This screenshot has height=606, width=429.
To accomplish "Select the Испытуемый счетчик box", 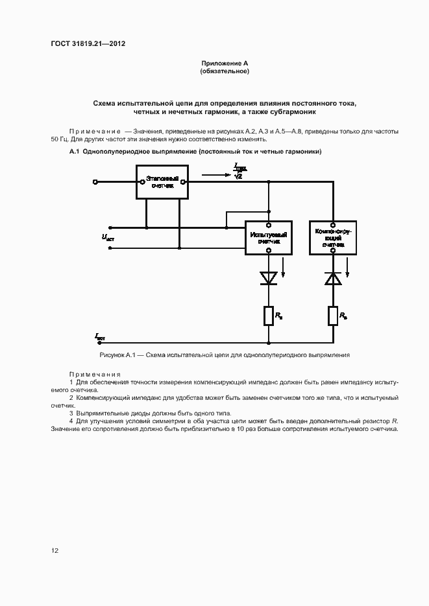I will coord(268,237).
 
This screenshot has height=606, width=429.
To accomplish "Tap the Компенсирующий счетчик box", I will coord(333,237).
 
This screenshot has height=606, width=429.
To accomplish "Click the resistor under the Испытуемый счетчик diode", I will coord(268,316).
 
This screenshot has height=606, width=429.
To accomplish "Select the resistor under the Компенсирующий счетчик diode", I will coord(333,316).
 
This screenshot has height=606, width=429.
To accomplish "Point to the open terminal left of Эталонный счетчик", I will coord(96,182).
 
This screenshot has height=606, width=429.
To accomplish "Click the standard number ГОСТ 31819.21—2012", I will coord(88,44).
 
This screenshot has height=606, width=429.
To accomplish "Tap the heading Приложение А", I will coord(225,63).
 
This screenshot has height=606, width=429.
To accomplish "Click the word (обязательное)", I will coord(225,71).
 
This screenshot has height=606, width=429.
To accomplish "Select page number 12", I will coord(55,551).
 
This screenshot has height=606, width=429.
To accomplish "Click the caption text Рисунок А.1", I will coord(117,355).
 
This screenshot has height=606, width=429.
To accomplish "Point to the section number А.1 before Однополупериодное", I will coord(74,152).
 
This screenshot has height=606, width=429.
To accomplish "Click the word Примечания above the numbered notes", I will coord(95,375).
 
